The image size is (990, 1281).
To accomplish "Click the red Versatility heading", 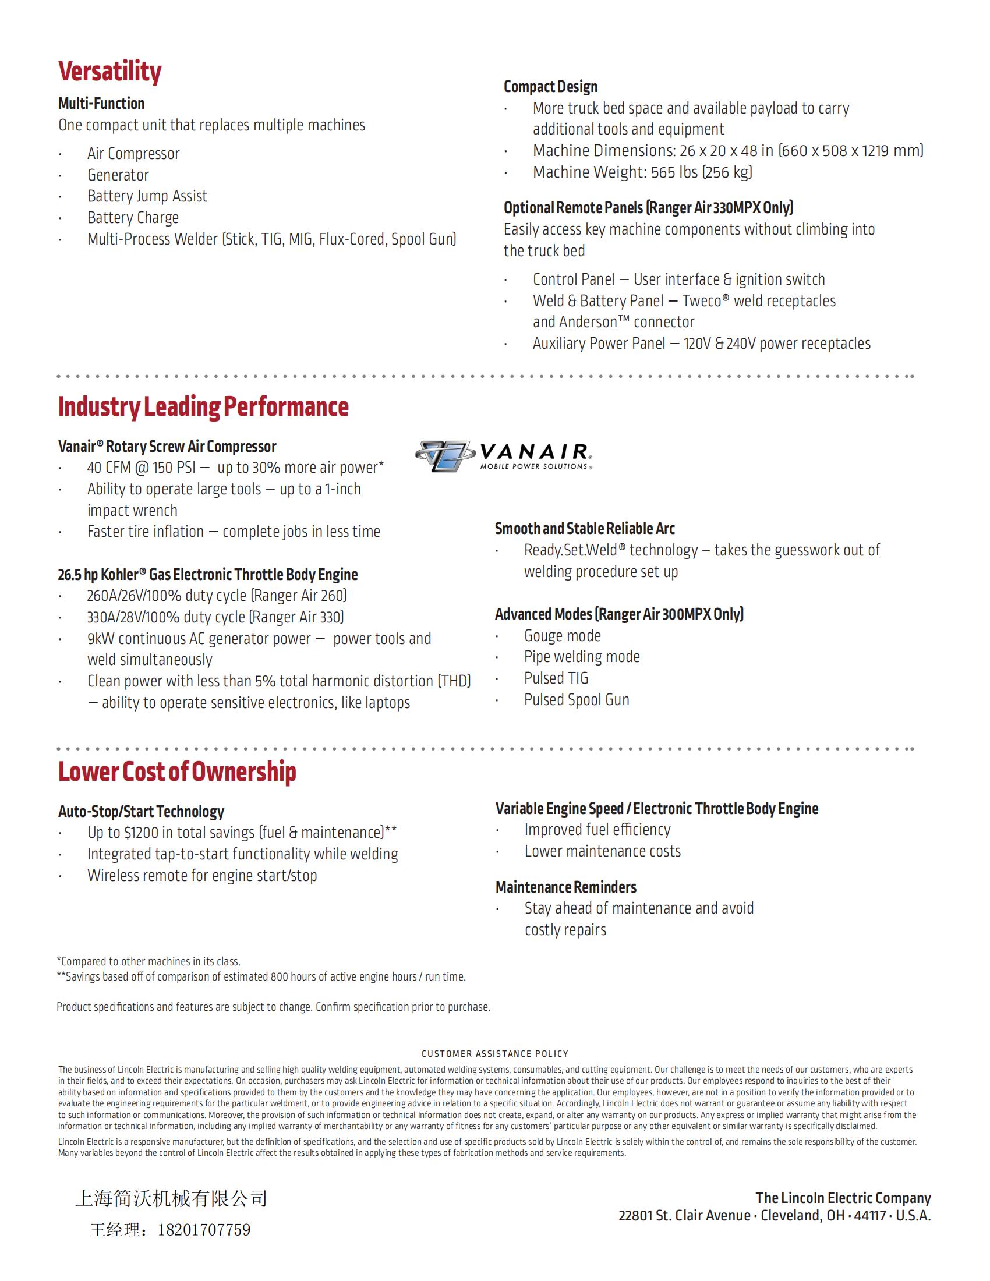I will tap(109, 72).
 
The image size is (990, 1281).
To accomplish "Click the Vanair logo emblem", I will tap(444, 456).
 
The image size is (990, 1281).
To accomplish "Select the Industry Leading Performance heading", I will tap(203, 406).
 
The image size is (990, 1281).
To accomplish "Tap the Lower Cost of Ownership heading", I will tap(176, 772).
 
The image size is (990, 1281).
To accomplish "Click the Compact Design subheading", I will tap(550, 87).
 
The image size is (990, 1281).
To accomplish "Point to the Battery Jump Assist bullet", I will tap(147, 196).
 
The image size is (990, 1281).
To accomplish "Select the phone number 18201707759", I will tap(203, 1229).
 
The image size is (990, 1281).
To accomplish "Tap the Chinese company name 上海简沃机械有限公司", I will tap(171, 1198).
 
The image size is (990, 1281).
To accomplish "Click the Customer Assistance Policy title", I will tap(494, 1053).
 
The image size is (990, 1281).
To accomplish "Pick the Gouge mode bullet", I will tap(562, 636).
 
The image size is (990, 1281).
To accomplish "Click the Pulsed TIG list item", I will tap(556, 678).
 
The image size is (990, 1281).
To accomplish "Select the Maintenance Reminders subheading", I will tap(565, 887).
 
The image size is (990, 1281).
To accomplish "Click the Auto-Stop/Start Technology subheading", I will tap(141, 812).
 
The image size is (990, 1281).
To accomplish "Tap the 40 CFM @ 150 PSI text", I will tap(141, 468).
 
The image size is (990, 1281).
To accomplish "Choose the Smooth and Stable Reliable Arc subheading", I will tap(584, 529).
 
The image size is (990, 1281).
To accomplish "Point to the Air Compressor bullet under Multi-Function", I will tap(133, 154).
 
